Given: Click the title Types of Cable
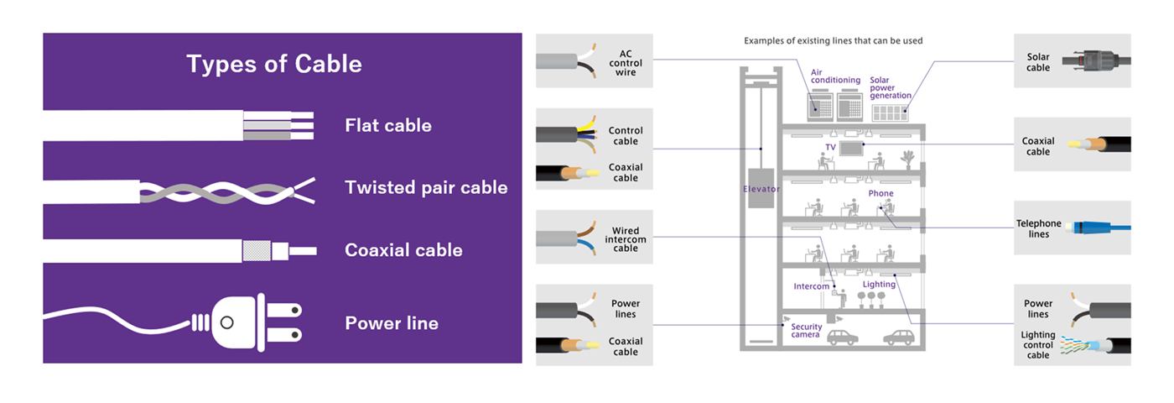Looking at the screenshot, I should [274, 64].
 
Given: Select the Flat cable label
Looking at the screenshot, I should [388, 126].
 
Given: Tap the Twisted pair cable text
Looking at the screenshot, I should [426, 187].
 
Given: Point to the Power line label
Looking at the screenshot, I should [392, 323].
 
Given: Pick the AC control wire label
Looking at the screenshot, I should [626, 62].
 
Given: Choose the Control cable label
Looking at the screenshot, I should [626, 136].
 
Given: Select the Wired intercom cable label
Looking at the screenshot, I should [626, 239].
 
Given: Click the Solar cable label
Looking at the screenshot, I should [1038, 62].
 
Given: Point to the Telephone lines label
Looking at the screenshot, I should [1038, 228].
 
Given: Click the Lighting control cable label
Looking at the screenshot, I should [1038, 345].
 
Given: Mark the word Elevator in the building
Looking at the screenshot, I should [761, 189].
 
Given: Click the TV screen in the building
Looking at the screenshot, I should [852, 147].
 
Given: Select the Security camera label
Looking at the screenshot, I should [806, 332].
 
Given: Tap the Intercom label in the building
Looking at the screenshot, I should [811, 286].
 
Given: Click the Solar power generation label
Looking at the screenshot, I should [890, 87].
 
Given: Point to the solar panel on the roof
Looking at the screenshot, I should [891, 112].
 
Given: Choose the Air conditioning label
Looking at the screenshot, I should [835, 76].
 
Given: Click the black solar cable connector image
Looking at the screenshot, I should [1095, 62].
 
